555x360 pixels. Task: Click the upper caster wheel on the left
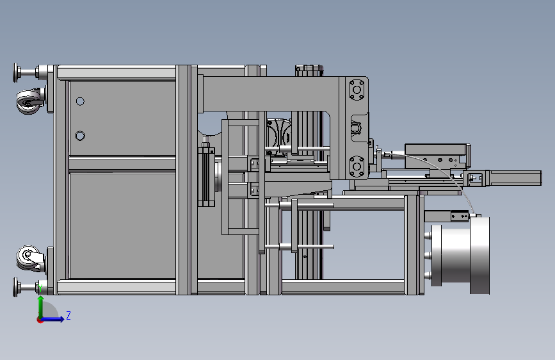click(x=29, y=102)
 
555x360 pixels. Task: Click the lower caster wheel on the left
click(x=29, y=258)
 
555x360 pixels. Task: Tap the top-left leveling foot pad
click(x=15, y=72)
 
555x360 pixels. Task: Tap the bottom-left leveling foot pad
click(x=15, y=287)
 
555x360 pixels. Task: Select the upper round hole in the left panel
click(x=80, y=102)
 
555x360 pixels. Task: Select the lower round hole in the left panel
click(x=80, y=136)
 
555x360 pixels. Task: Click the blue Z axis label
click(x=68, y=315)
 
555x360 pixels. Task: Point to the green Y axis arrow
click(x=41, y=307)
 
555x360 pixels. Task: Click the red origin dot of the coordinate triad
click(x=40, y=320)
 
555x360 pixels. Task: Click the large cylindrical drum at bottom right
click(x=460, y=255)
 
